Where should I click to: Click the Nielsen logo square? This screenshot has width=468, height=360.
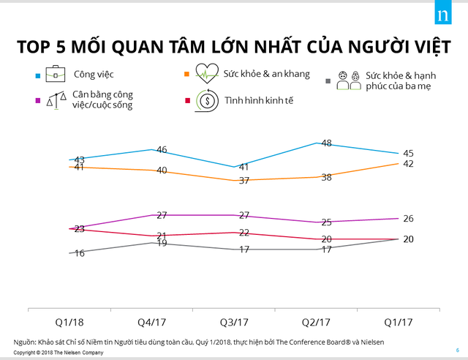pos(441,17)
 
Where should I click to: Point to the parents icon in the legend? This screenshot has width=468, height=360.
pos(346,80)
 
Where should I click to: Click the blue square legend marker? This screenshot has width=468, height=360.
pos(37,75)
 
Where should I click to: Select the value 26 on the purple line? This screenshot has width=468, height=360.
pos(409,218)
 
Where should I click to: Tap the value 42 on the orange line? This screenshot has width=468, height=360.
pos(409,163)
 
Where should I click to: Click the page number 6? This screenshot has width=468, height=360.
pos(456,349)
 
